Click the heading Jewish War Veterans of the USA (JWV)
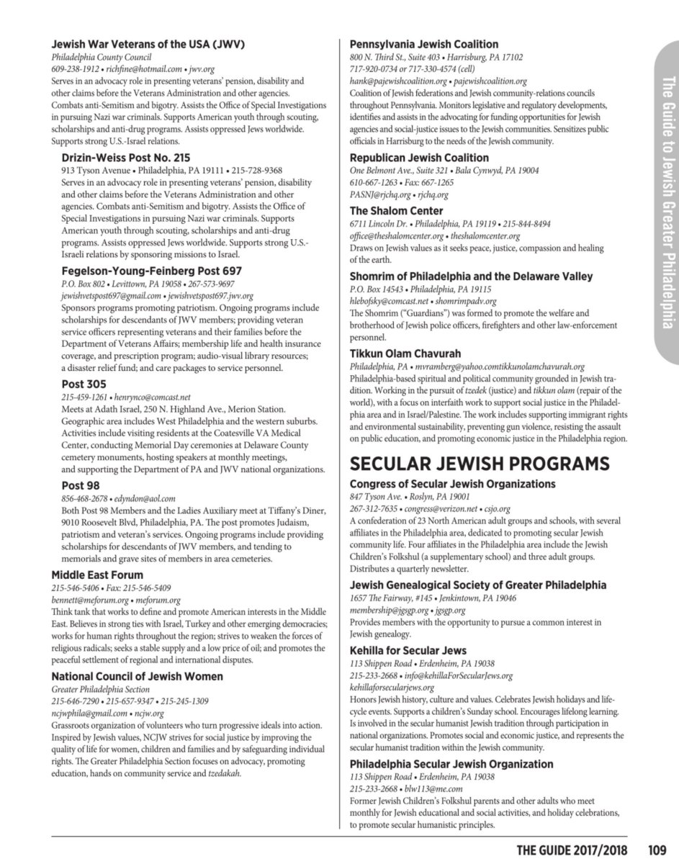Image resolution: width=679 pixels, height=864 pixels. (x=148, y=44)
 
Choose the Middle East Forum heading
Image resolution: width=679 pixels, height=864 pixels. (x=97, y=575)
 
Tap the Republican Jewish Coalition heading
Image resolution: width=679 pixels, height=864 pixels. (x=419, y=158)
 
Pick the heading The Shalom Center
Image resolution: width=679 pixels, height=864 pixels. (x=396, y=211)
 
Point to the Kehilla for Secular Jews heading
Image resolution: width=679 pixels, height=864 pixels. (x=408, y=650)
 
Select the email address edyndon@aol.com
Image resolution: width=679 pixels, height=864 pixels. (x=141, y=498)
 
